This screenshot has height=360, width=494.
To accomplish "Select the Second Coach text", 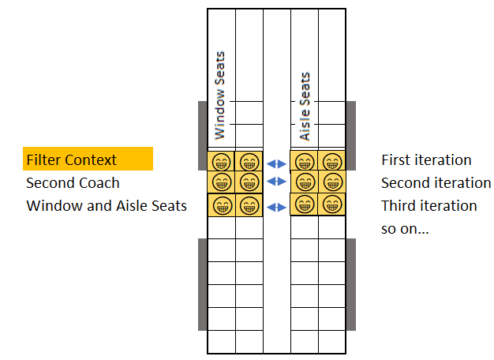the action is tap(73, 183).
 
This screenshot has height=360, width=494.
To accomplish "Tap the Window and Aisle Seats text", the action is tap(107, 206).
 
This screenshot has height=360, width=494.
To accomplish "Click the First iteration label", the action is tap(426, 159).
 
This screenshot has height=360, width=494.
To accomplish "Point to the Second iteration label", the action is tap(436, 183).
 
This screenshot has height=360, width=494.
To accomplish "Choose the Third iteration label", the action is tap(429, 206).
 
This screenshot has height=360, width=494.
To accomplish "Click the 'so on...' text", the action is tap(405, 229).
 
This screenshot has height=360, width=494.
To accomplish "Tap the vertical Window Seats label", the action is tap(220, 96).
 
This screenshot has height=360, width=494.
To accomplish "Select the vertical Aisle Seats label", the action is tap(305, 107).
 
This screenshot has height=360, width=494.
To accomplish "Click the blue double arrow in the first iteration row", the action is tap(276, 163).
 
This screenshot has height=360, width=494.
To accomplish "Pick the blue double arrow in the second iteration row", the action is tap(276, 182).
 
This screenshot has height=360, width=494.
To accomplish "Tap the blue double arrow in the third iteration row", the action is tap(276, 207).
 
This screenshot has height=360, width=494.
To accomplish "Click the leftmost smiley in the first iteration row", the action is tap(222, 163).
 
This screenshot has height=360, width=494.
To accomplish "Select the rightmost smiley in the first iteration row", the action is tap(332, 163).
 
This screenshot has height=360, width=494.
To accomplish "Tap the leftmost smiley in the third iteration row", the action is tap(223, 205).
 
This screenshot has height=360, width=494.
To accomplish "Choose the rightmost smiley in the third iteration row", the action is tap(332, 205).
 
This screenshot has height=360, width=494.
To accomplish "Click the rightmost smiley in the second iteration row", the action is tap(333, 182).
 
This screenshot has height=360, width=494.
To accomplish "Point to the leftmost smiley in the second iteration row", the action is tap(222, 182).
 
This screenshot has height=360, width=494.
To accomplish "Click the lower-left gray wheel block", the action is tap(203, 285).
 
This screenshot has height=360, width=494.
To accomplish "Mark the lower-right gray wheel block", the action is tap(351, 285).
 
